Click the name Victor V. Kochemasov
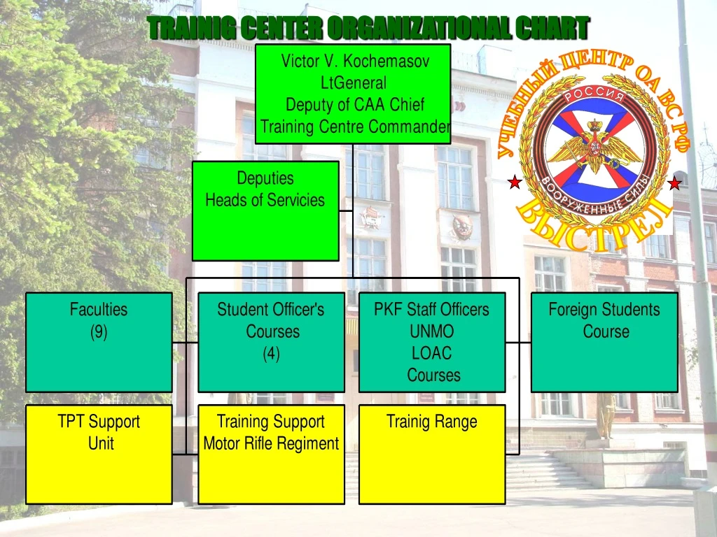pos(355,61)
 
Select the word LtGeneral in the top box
pos(354,83)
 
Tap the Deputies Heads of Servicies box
pos(265,210)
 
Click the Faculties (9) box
pos(99,342)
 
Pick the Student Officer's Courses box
pos(271,342)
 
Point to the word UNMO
pos(432,331)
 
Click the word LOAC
pos(432,353)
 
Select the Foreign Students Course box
pos(604,342)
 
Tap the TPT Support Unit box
pos(99,454)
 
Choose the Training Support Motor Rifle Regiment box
pos(271,454)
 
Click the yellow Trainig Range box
pos(432,454)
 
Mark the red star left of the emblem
pos(515,183)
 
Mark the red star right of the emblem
pos(674,184)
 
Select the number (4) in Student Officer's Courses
pos(271,354)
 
